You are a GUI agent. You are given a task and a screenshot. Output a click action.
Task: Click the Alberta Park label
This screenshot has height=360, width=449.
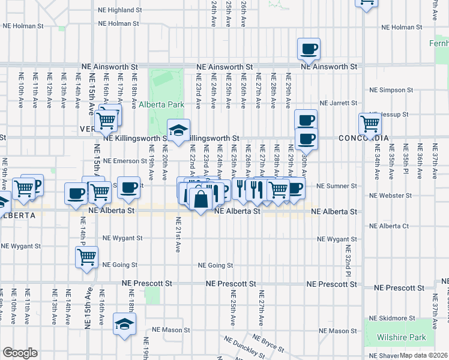(161, 104)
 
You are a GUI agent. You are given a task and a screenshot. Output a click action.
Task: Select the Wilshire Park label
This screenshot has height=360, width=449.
(402, 338)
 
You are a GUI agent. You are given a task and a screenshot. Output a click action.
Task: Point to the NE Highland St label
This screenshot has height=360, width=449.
(119, 10)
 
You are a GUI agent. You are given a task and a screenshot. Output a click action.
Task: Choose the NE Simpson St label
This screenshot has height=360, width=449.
(391, 90)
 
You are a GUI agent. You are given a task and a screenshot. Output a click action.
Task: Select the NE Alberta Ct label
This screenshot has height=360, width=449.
(389, 226)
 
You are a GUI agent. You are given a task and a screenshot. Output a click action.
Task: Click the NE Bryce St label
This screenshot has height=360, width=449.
(273, 346)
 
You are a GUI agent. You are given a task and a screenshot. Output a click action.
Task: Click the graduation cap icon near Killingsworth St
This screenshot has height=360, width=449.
(178, 130)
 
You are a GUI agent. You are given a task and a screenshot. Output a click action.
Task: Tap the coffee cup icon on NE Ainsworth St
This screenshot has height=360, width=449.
(309, 49)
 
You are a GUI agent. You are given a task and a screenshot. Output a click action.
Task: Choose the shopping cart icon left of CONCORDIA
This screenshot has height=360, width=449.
(370, 124)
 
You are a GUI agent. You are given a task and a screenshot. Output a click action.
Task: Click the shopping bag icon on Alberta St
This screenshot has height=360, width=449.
(200, 197)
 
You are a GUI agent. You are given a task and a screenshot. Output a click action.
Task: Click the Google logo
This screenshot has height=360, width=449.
(20, 353)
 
